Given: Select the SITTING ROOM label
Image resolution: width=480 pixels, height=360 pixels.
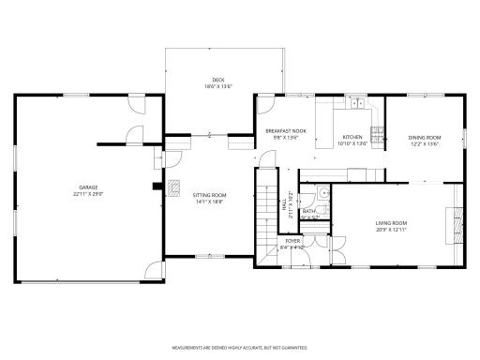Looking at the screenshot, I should pos(211,195).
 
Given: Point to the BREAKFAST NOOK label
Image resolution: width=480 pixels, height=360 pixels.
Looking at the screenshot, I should pos(286,131).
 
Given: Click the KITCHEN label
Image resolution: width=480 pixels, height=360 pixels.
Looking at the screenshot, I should pos(352,137).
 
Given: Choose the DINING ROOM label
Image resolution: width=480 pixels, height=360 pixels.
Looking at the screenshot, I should pos(424,138).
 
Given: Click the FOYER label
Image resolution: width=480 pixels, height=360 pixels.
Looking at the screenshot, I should pos(293,241).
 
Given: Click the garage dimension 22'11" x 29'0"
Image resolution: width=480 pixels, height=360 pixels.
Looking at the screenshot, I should pos(89,193).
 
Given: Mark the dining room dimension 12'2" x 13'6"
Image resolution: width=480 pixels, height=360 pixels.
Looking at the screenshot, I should pos(424,144).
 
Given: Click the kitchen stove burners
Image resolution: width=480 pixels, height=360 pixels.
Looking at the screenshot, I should pos(377,135).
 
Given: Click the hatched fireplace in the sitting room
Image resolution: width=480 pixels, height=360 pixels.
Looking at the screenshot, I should pos(174,187).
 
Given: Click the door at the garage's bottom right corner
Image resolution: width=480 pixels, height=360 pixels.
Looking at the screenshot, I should pos(150,273).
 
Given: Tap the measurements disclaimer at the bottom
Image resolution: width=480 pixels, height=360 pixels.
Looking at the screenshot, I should pos(240,347).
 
